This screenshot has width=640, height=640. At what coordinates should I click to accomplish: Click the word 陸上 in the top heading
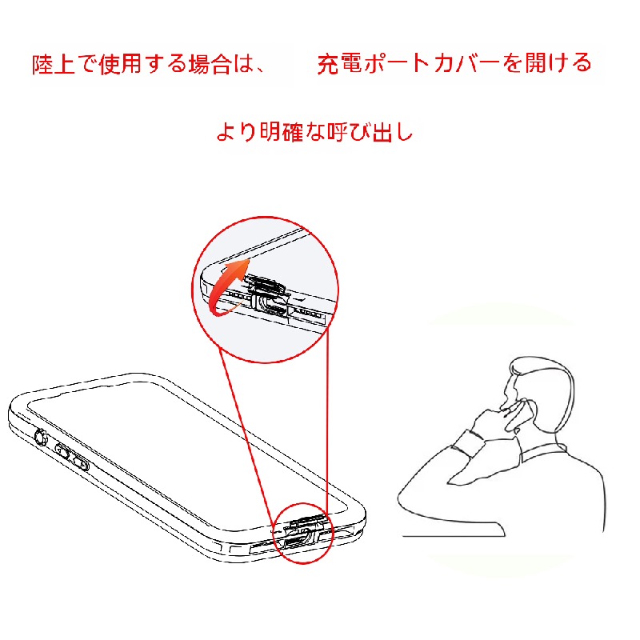pos(53,64)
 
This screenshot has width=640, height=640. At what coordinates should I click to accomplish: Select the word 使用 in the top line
pos(120,64)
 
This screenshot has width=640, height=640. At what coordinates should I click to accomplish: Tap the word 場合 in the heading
pos(210,64)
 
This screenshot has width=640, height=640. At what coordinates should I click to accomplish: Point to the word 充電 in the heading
pos(338,64)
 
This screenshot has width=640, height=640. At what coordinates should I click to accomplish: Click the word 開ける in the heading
pos(558,63)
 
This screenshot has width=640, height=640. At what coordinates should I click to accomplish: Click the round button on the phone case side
pos(41,438)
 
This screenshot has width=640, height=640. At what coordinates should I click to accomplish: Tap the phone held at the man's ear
pos(518,415)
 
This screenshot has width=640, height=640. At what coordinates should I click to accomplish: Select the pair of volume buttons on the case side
pos(72,457)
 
